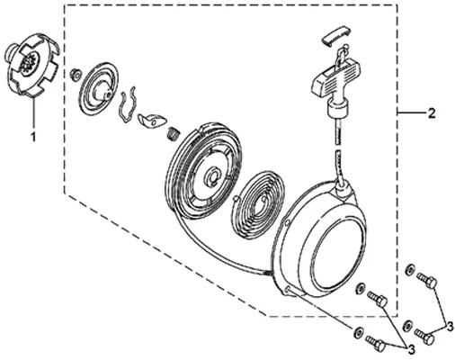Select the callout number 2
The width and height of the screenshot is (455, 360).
pos(431,112)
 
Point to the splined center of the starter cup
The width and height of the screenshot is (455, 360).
pos(29,61)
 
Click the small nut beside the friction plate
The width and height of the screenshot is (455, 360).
pos(75,74)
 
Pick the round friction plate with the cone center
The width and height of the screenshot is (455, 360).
pos(100,88)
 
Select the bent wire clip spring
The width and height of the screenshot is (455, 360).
pos(128,104)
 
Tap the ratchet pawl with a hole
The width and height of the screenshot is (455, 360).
pos(151,121)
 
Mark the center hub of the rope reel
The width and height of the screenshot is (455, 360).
pos(213,177)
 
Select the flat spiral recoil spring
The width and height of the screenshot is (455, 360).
pos(257,204)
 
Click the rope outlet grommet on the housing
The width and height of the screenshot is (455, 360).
pos(343,190)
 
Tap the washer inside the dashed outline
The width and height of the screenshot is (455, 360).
pos(360,288)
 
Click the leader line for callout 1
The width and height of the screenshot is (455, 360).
pos(34,113)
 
